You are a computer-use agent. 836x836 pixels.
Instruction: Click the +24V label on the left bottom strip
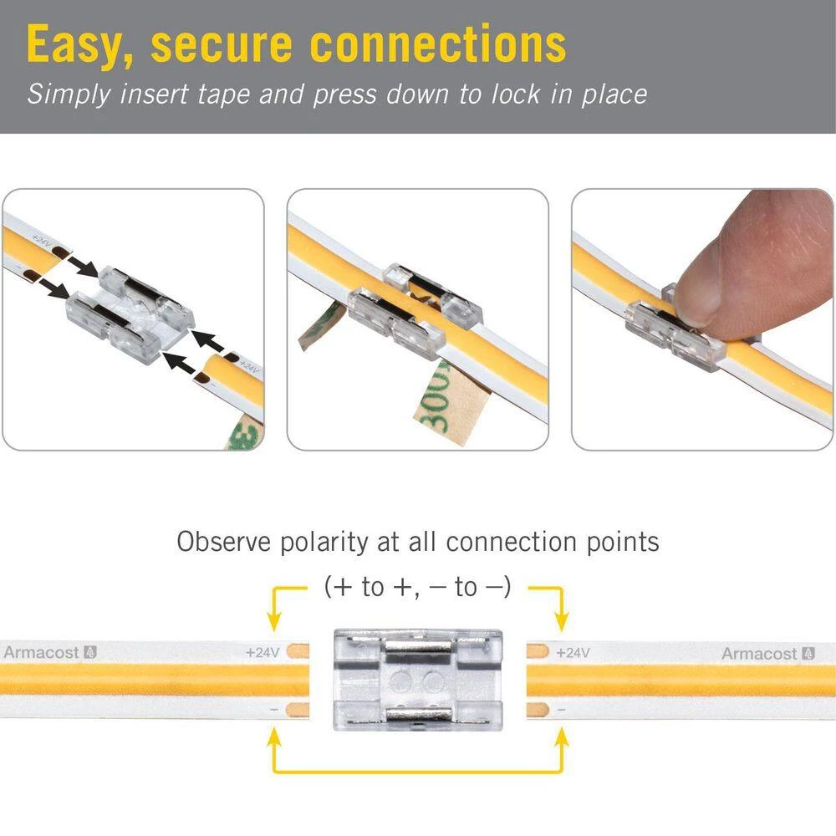(x=262, y=652)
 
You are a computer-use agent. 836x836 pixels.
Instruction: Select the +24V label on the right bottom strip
(x=573, y=652)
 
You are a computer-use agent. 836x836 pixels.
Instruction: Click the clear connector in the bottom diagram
(x=418, y=678)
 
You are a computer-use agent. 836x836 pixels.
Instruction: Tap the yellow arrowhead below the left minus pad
(x=274, y=737)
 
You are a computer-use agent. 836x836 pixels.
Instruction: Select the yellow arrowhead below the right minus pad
(x=561, y=737)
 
